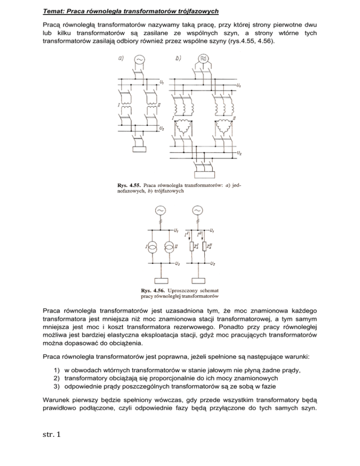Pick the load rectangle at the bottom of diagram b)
(203, 175)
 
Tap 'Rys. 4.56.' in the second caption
(154, 289)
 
